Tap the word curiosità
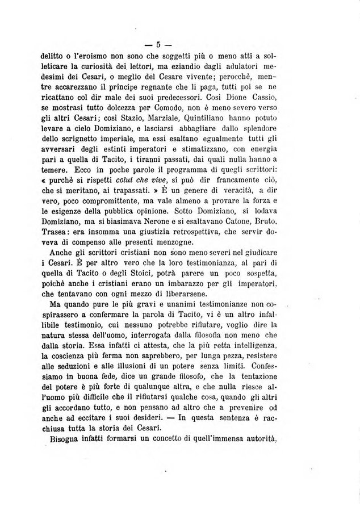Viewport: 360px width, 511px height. [x=106, y=70]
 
